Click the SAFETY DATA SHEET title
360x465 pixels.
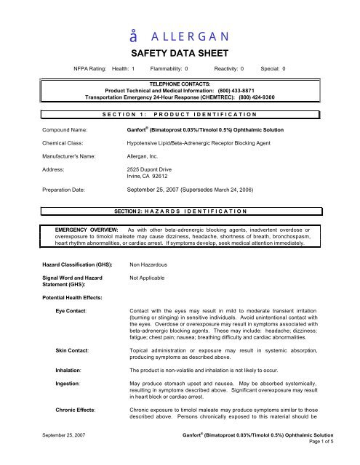tap(180, 53)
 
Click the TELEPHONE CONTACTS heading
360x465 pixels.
tap(180, 84)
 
